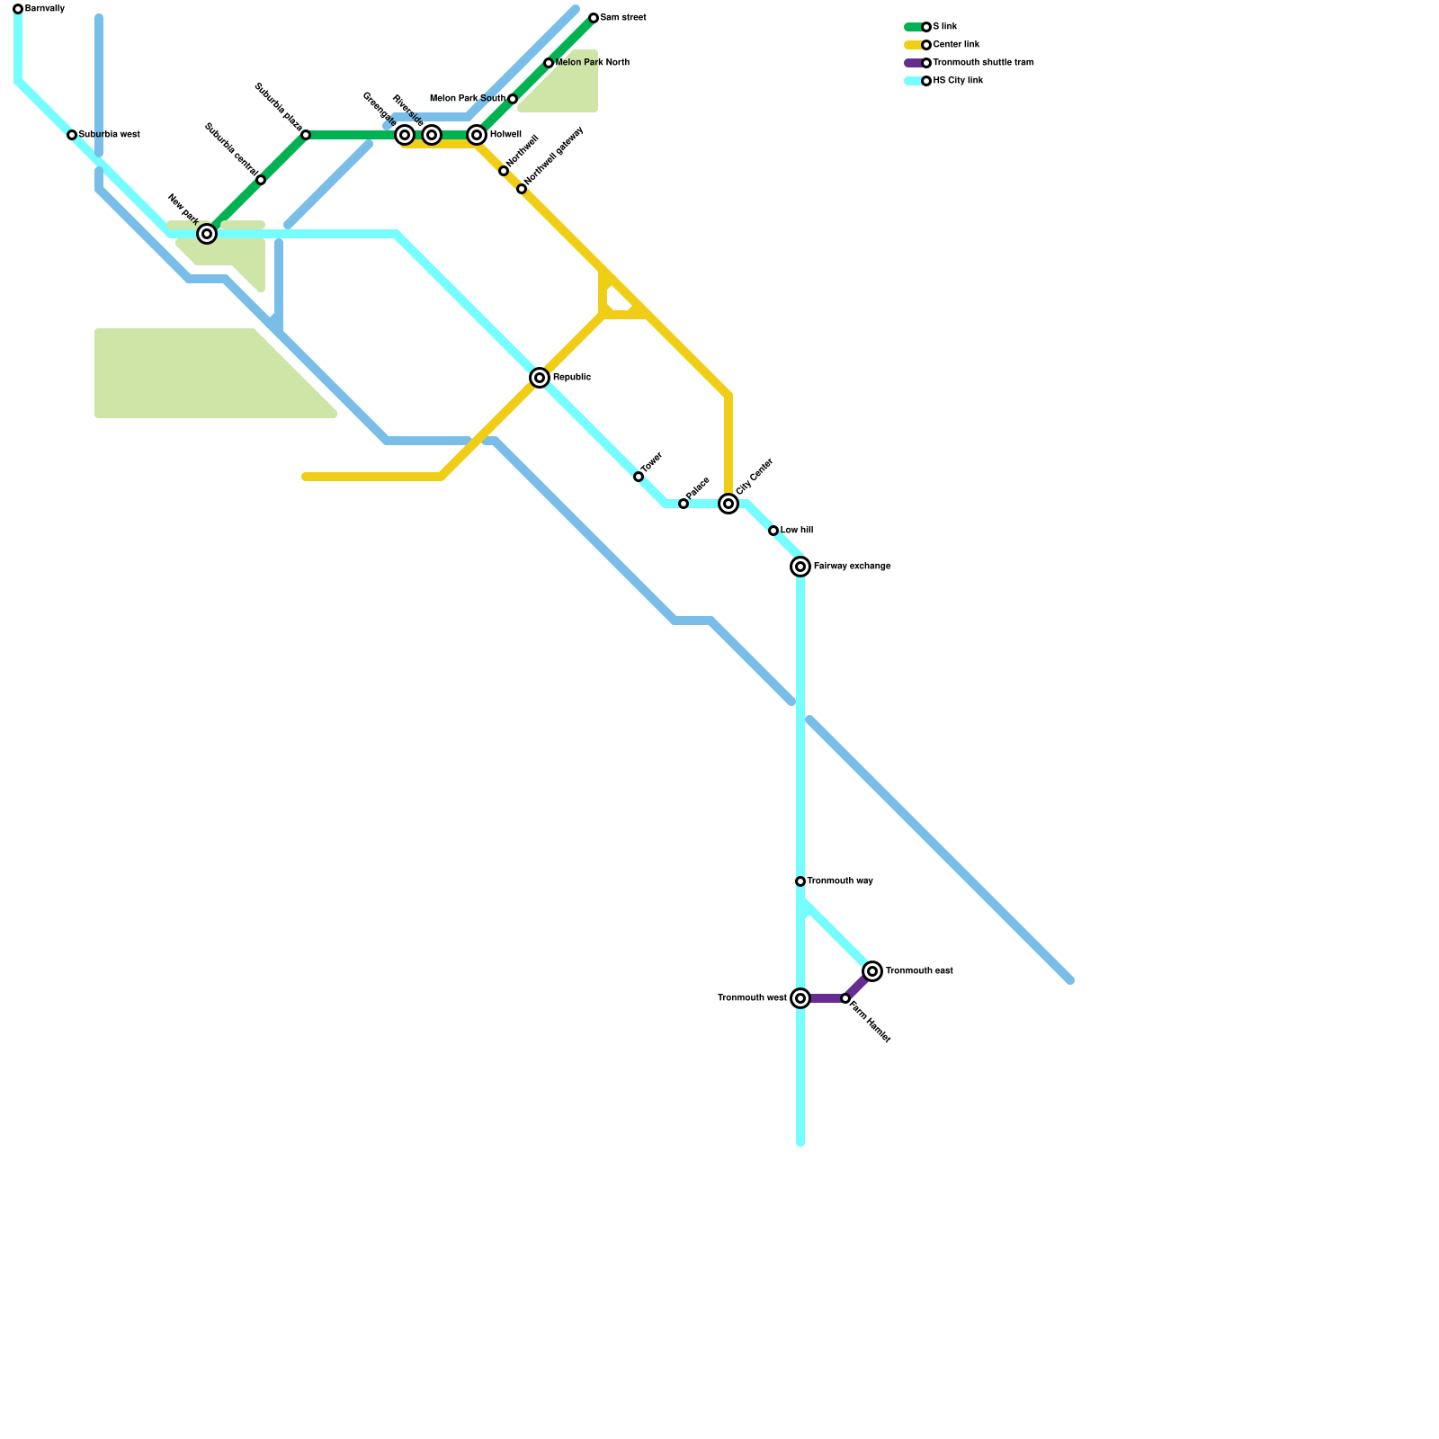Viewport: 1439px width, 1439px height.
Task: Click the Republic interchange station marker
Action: pos(540,378)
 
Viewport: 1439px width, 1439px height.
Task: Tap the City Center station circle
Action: pos(728,504)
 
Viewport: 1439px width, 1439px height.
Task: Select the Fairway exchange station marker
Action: pos(800,567)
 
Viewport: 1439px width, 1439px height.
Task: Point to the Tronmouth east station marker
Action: pos(872,971)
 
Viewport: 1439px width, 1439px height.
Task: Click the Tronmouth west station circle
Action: pos(800,998)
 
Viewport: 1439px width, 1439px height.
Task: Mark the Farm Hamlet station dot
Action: pos(845,998)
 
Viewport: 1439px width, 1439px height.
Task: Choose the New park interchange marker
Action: pos(207,234)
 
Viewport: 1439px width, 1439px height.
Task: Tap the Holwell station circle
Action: pos(477,135)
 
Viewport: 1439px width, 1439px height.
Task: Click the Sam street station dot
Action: pos(594,18)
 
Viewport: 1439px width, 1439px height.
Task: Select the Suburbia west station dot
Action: pos(72,135)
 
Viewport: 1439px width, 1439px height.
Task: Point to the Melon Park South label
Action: pos(468,99)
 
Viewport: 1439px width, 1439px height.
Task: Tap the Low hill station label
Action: pos(796,531)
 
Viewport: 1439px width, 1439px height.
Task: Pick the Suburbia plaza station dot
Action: pos(306,135)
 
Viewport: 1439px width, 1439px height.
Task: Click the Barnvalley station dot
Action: pos(18,9)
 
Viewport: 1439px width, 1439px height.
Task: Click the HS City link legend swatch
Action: pos(914,81)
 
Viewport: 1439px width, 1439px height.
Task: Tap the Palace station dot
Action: pos(684,504)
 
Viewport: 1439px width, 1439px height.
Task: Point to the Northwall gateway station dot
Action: pos(522,189)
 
